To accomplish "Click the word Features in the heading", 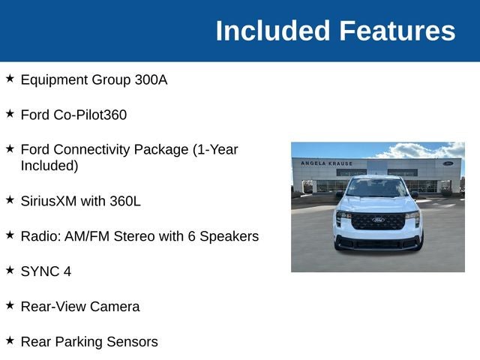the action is (397, 31).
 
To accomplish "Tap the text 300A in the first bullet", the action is (151, 80).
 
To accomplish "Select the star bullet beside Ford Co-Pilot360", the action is (10, 113).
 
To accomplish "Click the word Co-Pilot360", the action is (90, 115).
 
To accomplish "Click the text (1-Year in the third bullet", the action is (215, 150).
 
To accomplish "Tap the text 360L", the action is (125, 201).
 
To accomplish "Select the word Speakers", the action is (229, 237).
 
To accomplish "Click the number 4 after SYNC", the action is (67, 271).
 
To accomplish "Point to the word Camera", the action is (115, 307).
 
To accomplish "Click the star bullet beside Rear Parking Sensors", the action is (10, 340).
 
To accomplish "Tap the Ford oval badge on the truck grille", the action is (378, 220).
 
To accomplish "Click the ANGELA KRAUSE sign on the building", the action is (327, 163).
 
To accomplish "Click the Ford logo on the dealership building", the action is (448, 163).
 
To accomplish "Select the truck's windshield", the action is (376, 187).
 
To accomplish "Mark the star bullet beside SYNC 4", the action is (10, 270).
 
